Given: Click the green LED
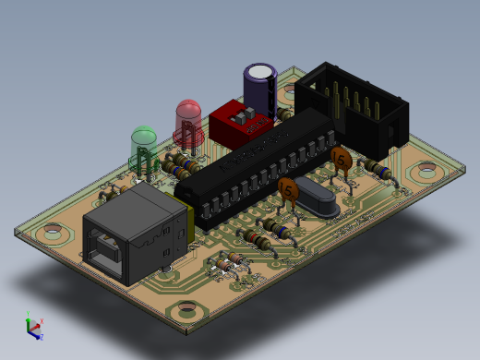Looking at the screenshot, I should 143,145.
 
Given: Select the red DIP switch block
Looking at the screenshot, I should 238,123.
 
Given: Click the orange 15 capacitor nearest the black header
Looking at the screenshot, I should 342,160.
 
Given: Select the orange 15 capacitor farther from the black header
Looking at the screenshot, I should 287,190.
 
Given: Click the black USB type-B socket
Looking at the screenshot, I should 137,231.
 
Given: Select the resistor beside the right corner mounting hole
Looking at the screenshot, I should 375,169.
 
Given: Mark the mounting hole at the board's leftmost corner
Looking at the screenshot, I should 54,233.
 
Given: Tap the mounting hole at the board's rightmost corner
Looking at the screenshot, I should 426,170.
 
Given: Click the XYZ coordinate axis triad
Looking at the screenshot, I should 33,326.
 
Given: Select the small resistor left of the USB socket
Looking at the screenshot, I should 108,193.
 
